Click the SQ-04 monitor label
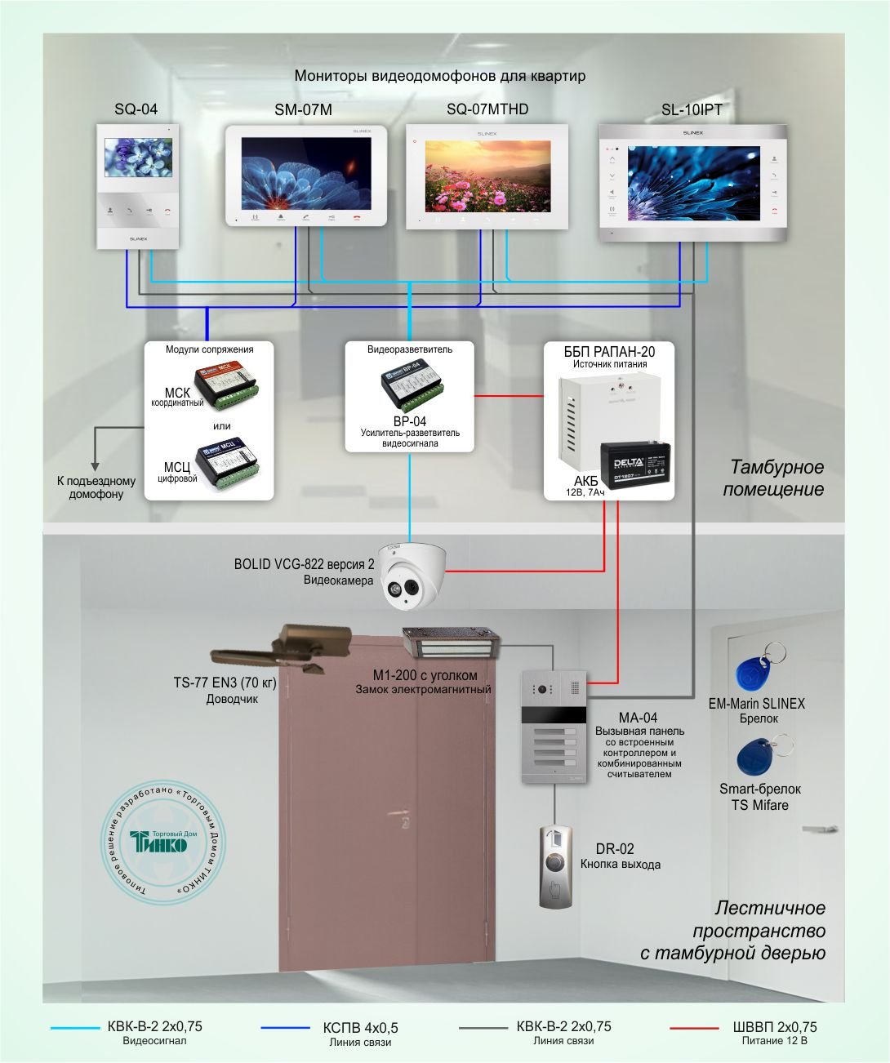coord(136,109)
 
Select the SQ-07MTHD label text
coord(487,109)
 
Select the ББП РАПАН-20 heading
coord(609,352)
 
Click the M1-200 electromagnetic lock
coord(451,643)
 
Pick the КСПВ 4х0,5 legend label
coord(360,1028)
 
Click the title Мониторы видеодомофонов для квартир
coord(440,77)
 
